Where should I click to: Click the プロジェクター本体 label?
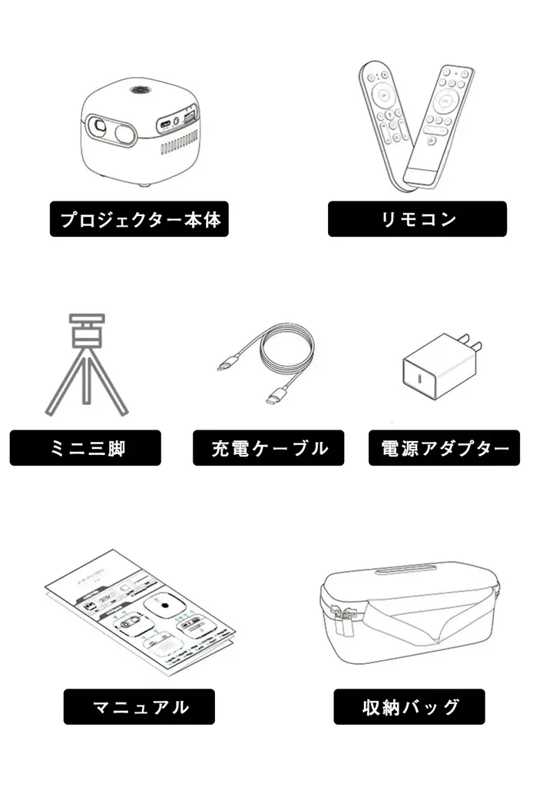tap(140, 219)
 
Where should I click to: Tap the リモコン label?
tap(417, 219)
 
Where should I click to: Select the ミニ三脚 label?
tap(85, 447)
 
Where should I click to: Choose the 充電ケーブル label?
tap(268, 447)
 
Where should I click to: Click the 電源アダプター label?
tap(444, 447)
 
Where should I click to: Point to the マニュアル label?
tap(139, 706)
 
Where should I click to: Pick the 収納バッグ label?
tap(409, 706)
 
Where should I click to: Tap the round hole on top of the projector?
tap(141, 91)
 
